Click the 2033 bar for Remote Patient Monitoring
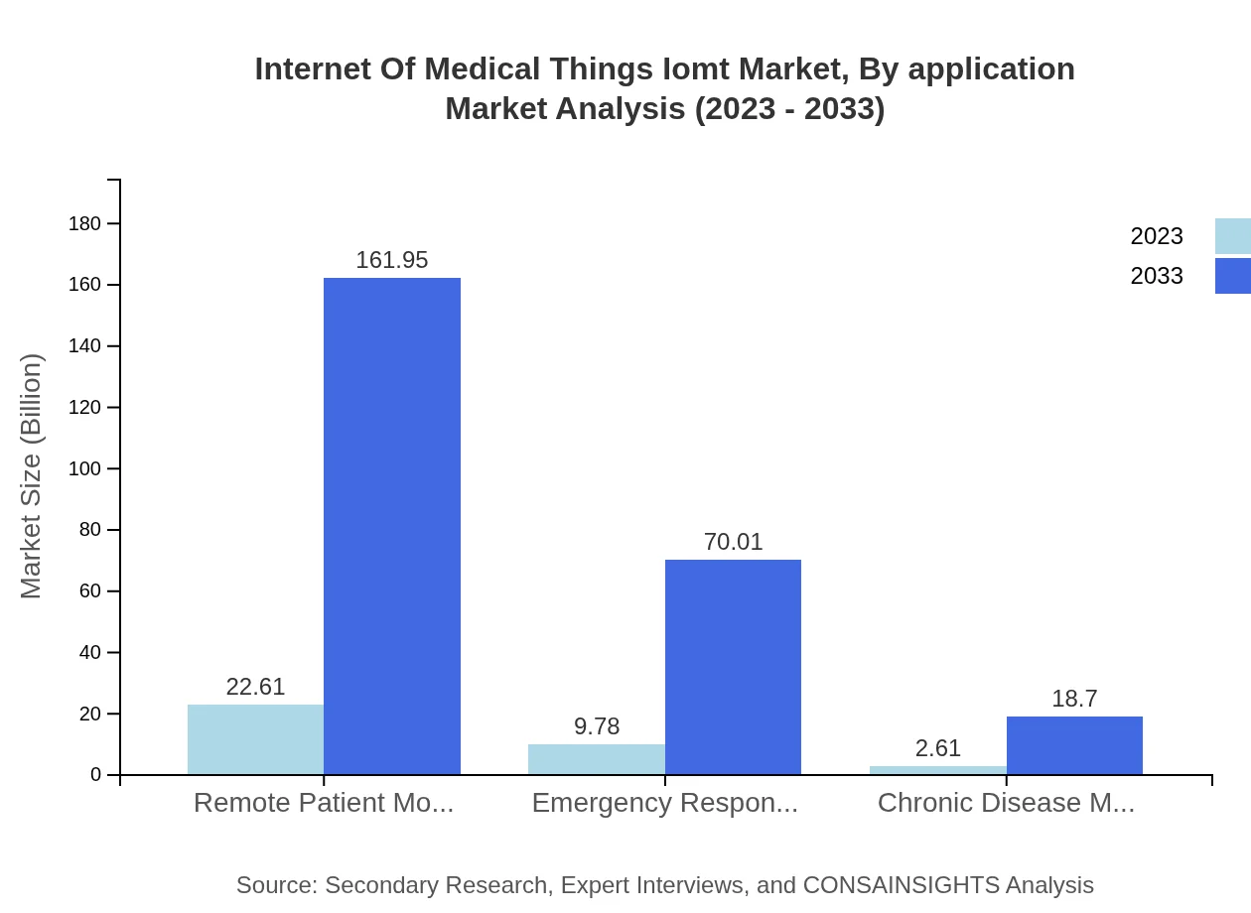pyautogui.click(x=392, y=526)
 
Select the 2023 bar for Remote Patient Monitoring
pyautogui.click(x=255, y=739)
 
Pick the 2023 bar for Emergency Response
pyautogui.click(x=596, y=759)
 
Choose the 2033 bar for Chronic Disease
pyautogui.click(x=1074, y=745)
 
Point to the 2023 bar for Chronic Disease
pyautogui.click(x=937, y=770)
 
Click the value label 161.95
pyautogui.click(x=392, y=260)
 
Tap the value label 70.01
pyautogui.click(x=733, y=542)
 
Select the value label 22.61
pyautogui.click(x=255, y=687)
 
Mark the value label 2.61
pyautogui.click(x=937, y=748)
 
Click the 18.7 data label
pyautogui.click(x=1074, y=699)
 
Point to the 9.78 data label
pyautogui.click(x=596, y=726)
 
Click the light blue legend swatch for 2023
pyautogui.click(x=1232, y=236)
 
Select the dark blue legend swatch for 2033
pyautogui.click(x=1232, y=276)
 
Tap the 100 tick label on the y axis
pyautogui.click(x=84, y=468)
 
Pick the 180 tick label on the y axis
pyautogui.click(x=84, y=223)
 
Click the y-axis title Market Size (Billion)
pyautogui.click(x=32, y=476)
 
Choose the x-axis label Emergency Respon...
pyautogui.click(x=664, y=803)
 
